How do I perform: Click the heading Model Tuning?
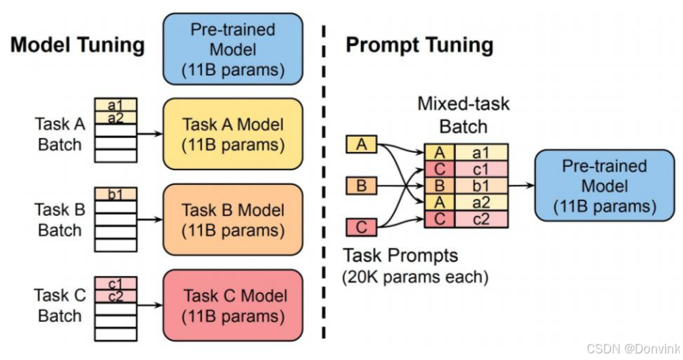(76, 45)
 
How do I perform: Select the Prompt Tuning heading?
(419, 45)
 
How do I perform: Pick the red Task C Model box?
(232, 306)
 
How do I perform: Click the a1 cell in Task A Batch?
(115, 106)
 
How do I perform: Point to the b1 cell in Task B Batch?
(115, 194)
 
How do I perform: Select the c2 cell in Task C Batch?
(115, 295)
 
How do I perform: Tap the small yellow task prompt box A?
(361, 145)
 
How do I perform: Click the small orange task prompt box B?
(361, 186)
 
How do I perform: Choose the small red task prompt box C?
(361, 227)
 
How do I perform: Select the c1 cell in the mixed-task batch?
(481, 168)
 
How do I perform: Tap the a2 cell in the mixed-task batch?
(481, 202)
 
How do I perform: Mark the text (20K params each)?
(415, 278)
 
